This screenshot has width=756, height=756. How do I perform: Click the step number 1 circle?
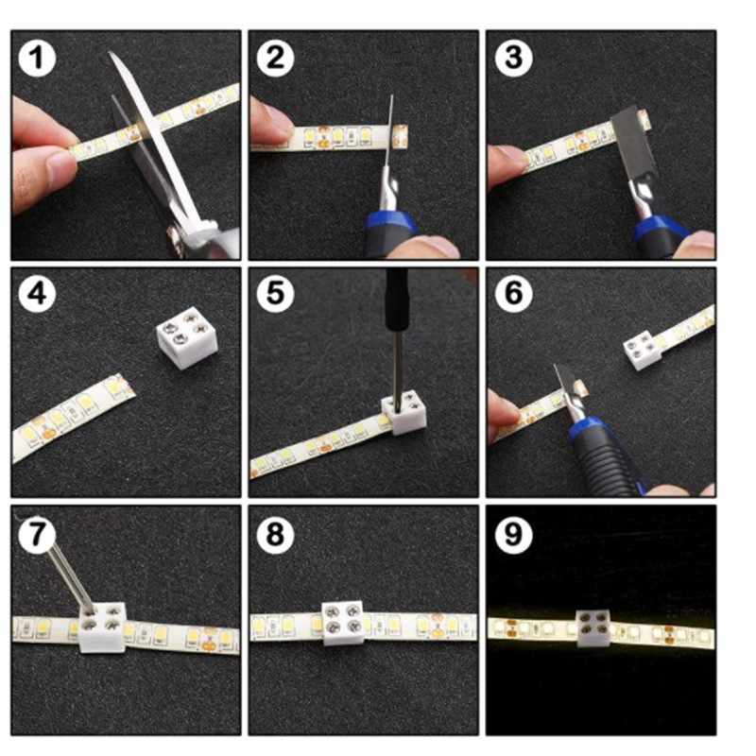(x=37, y=58)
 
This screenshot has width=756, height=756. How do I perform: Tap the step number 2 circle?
(x=275, y=58)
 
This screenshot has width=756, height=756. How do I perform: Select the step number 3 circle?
(x=513, y=58)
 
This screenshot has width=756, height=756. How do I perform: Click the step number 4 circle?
(x=37, y=294)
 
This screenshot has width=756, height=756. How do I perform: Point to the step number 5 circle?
(x=275, y=294)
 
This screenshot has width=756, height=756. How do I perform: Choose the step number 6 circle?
(x=513, y=294)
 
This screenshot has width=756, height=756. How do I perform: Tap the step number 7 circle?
(x=37, y=534)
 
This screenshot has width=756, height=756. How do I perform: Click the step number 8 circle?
(x=275, y=534)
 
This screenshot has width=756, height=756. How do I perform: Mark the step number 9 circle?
(x=513, y=534)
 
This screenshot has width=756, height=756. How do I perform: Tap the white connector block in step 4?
(x=186, y=338)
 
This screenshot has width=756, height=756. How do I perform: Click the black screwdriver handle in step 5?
(x=396, y=300)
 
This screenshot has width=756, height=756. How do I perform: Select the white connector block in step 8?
(x=343, y=622)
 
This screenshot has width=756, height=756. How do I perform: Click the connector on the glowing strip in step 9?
(x=594, y=627)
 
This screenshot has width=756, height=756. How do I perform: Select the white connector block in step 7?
(x=102, y=627)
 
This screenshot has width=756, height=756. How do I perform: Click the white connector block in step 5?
(x=404, y=412)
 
